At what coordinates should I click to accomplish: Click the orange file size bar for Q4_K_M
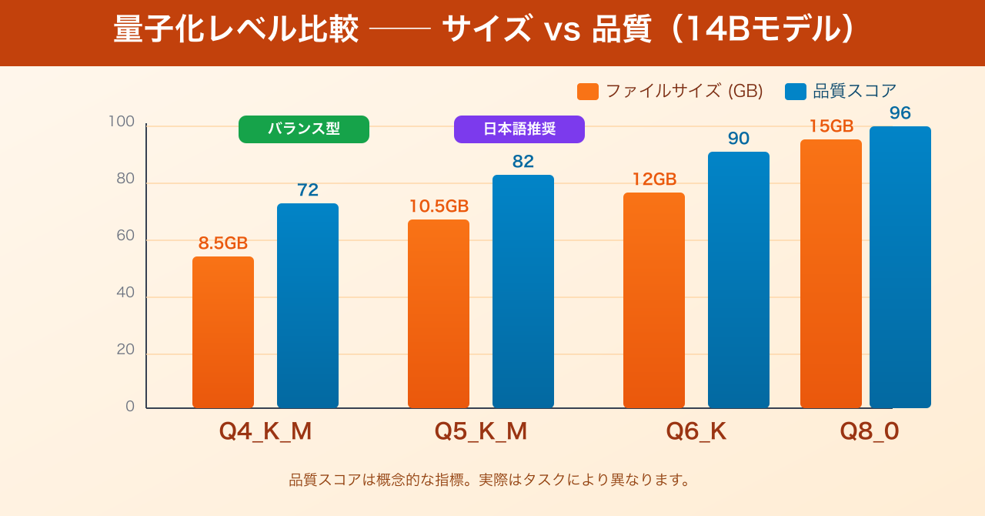point(223,332)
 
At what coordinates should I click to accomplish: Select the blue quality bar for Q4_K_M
point(308,306)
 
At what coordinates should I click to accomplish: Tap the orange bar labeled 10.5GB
point(439,313)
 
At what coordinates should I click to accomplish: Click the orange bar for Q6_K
point(654,300)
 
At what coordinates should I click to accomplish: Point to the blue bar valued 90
point(739,280)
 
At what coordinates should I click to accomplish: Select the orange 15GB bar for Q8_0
point(831,273)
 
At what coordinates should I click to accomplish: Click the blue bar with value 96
point(900,267)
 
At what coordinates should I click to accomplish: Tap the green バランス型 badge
point(304,129)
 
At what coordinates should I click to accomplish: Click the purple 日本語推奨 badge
point(519,129)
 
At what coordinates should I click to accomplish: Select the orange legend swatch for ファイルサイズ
point(588,92)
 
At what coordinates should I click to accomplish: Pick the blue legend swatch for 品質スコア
point(796,92)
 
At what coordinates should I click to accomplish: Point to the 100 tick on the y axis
point(122,122)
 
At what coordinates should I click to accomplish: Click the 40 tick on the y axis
point(125,293)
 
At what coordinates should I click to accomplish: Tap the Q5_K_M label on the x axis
point(481,431)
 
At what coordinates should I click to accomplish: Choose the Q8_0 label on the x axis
point(870,431)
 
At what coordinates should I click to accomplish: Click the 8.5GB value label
point(223,243)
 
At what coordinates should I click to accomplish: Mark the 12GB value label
point(654,179)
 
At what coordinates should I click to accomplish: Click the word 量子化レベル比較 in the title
point(236,31)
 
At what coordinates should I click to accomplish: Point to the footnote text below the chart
point(490,480)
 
